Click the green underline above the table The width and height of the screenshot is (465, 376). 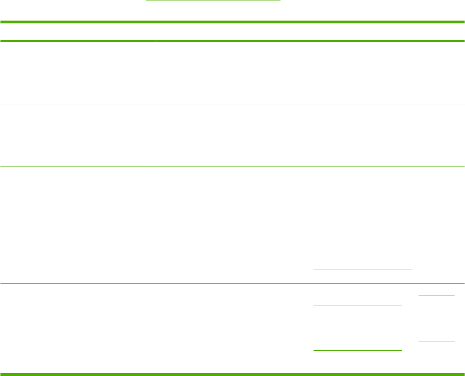coord(213,1)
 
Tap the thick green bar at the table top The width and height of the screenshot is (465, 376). coord(232,22)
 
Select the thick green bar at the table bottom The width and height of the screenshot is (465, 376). coord(232,374)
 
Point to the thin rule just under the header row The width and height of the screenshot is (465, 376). coord(232,42)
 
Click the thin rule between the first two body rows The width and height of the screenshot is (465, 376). coord(232,104)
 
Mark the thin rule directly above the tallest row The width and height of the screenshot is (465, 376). coord(232,166)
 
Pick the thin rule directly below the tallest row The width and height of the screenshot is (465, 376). coord(232,283)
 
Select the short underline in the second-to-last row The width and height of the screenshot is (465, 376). coord(436,296)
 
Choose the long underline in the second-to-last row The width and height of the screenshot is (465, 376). coord(357,304)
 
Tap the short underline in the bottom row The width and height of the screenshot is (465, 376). coord(436,340)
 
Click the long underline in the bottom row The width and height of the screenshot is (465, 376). coord(357,350)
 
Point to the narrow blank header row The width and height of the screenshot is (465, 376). coord(232,32)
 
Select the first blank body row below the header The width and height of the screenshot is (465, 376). coord(232,73)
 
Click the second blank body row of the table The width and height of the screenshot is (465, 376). coord(232,135)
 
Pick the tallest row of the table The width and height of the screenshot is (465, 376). coord(232,224)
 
